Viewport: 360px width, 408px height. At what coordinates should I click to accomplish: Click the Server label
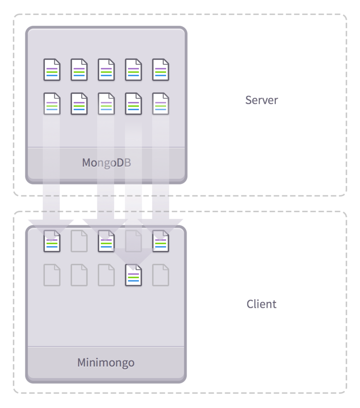tap(261, 100)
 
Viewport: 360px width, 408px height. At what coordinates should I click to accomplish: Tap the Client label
tap(261, 304)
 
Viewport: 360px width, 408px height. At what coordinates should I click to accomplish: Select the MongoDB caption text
tap(106, 163)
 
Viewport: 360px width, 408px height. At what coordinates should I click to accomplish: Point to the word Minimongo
tap(106, 363)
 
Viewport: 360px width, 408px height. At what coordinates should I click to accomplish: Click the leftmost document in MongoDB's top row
tap(52, 70)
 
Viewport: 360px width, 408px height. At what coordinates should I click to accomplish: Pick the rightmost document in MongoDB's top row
tap(160, 70)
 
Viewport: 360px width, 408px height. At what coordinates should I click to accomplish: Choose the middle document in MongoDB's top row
tap(106, 70)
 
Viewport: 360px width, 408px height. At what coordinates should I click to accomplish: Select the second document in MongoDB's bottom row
tap(79, 104)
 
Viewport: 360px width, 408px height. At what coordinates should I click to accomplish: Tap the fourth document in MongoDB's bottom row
tap(133, 104)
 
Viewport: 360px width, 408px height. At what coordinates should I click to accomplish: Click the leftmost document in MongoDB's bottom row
tap(52, 104)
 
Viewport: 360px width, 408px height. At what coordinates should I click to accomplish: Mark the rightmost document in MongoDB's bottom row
tap(160, 104)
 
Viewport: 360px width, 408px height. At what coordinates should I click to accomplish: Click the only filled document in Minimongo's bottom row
tap(133, 275)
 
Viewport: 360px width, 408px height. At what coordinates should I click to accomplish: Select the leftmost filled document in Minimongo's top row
tap(52, 241)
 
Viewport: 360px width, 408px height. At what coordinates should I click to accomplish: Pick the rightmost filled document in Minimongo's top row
tap(160, 241)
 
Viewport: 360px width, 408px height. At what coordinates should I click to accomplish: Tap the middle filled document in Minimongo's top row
tap(106, 241)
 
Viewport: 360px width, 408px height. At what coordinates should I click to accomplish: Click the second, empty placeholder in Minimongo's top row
tap(79, 241)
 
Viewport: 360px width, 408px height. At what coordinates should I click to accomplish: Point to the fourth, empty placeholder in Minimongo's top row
tap(133, 241)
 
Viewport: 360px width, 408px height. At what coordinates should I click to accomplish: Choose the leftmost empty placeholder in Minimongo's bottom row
tap(52, 275)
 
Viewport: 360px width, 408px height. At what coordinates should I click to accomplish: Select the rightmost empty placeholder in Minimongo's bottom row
tap(160, 275)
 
